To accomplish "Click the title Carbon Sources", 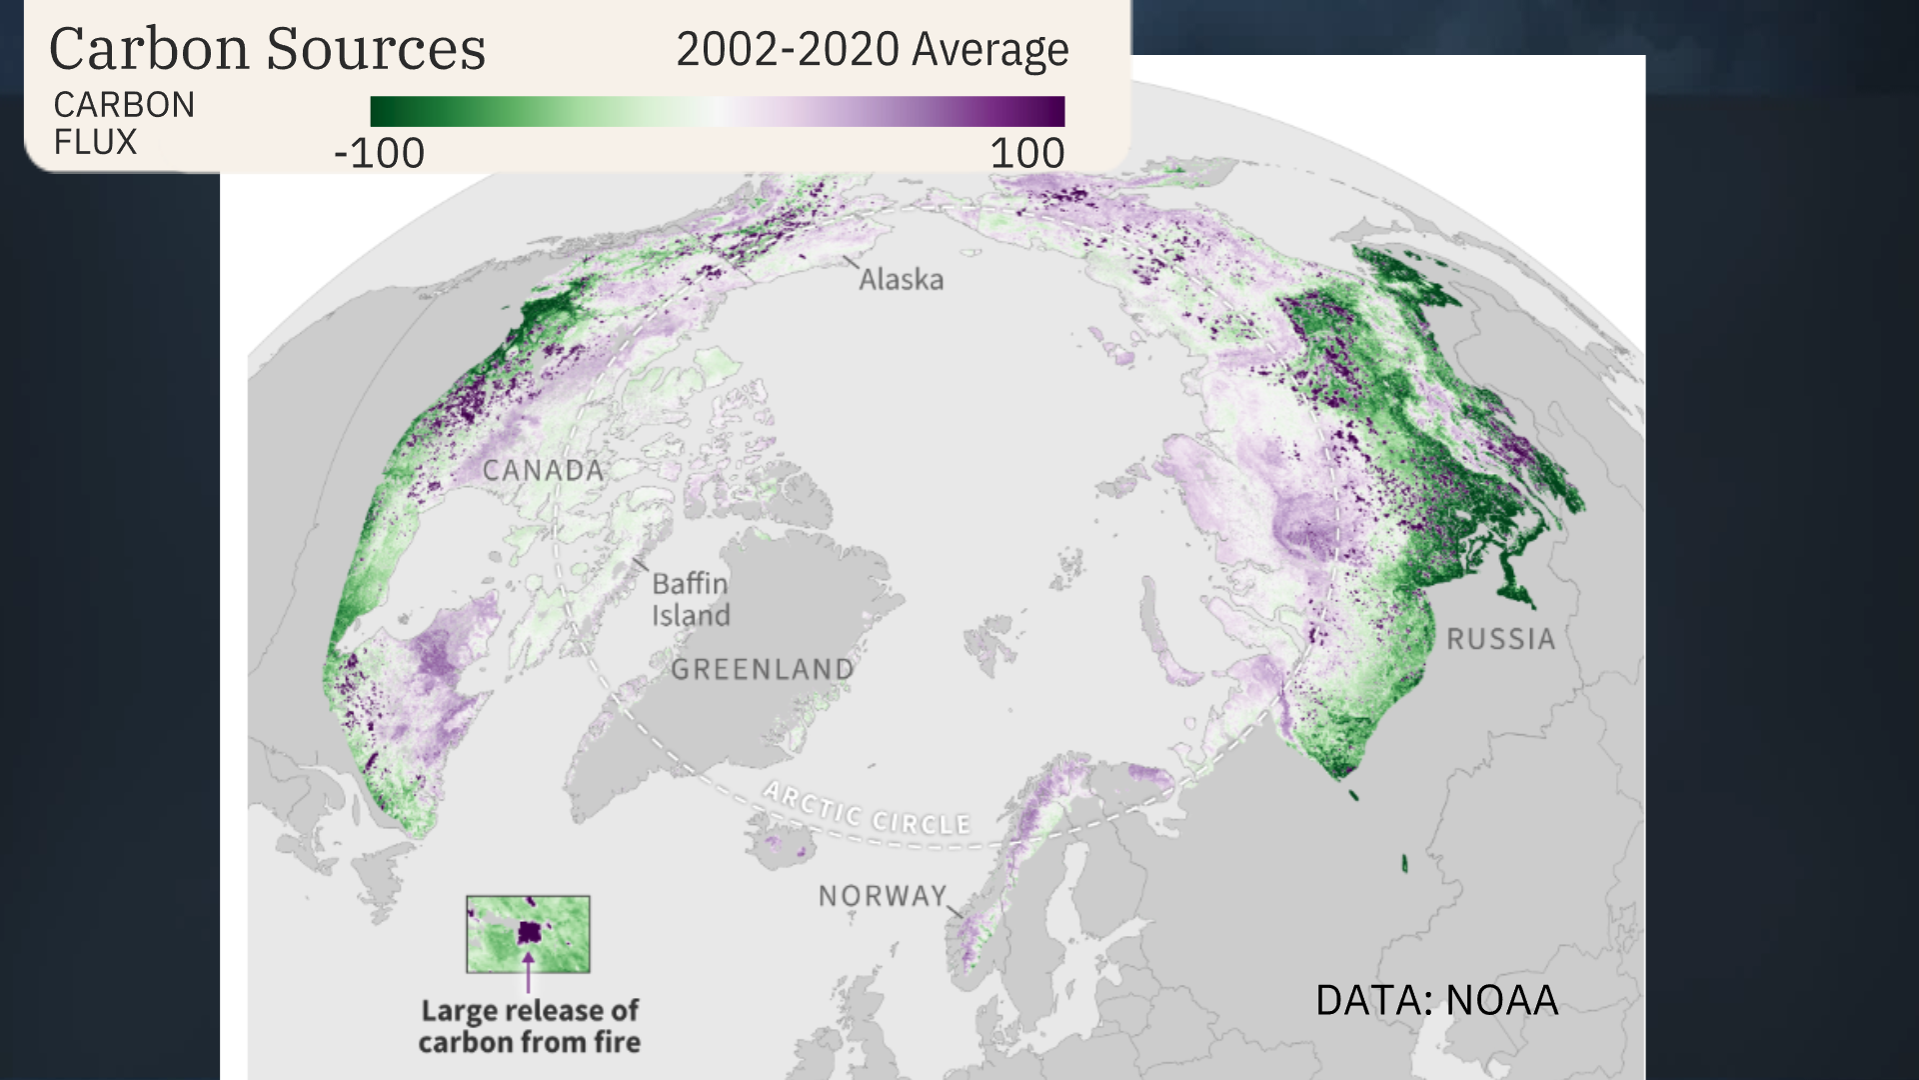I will point(267,49).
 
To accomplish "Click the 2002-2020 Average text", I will point(872,49).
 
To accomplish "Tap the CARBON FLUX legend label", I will point(124,123).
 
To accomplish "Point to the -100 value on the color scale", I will point(379,153).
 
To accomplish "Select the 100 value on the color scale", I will point(1026,153).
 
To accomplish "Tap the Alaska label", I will point(901,279).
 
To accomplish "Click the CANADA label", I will point(543,470).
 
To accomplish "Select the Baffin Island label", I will point(690,599).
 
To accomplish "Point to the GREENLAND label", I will point(762,669).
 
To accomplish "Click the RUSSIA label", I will point(1500,639).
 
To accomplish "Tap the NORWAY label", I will point(882,895).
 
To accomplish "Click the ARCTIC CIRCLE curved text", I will point(867,811).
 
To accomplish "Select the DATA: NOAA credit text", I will point(1436,1000).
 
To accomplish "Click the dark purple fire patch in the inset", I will point(529,934).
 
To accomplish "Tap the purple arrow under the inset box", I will point(528,973).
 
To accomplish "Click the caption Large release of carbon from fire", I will point(529,1026).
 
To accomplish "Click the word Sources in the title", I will point(376,49).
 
